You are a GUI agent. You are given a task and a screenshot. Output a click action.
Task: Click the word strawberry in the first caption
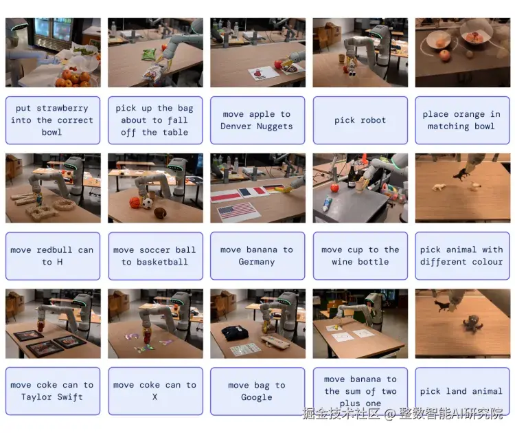click(62, 108)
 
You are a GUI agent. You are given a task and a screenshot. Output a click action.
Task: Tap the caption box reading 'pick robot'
click(360, 120)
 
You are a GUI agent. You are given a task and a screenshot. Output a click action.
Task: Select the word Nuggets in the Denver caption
click(275, 126)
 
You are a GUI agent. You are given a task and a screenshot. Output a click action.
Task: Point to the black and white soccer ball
click(147, 204)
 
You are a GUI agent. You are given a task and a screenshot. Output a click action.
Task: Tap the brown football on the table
click(160, 212)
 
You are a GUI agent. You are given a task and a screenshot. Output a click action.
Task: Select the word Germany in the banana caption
click(257, 262)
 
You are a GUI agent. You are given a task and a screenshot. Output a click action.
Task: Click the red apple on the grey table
click(334, 188)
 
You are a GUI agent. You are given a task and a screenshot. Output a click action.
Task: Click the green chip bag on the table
click(149, 54)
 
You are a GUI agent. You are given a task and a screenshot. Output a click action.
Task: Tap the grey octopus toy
click(472, 324)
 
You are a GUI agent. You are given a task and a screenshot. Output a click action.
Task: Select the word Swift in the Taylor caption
click(69, 397)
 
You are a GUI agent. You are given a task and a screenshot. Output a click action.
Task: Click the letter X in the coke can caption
click(154, 397)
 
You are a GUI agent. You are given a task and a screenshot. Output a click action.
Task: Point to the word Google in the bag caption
click(257, 397)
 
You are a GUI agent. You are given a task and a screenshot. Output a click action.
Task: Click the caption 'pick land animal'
click(462, 391)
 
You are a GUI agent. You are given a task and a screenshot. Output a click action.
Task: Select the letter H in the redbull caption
click(60, 262)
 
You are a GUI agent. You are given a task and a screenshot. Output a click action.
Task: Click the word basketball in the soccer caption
click(162, 262)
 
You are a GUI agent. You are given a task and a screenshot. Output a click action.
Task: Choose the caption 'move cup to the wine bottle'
click(360, 256)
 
